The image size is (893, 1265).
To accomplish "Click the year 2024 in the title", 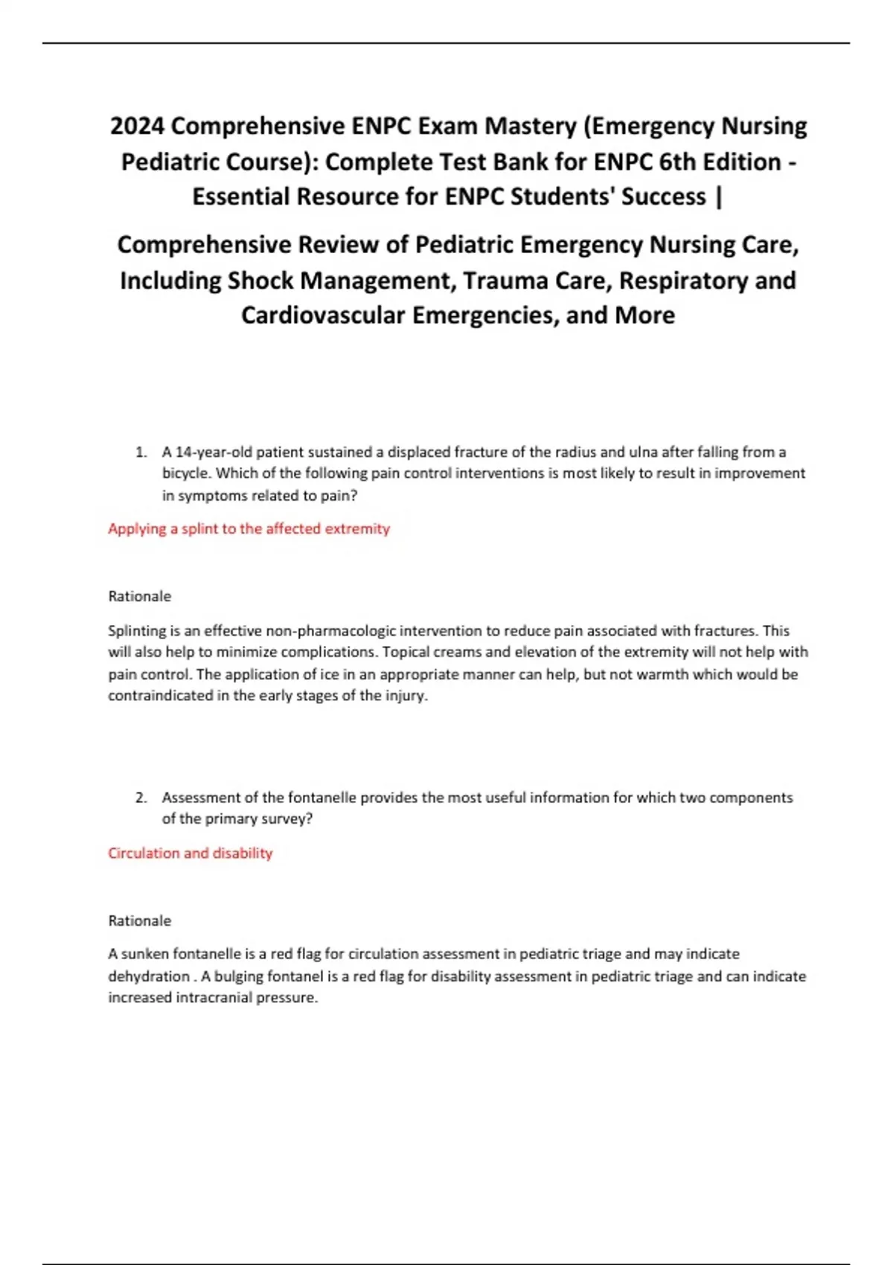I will tap(137, 126).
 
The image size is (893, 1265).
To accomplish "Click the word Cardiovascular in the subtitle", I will tap(323, 316).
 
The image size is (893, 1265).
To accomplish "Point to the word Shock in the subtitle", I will tap(260, 281).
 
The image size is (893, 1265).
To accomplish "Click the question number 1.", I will tap(141, 452).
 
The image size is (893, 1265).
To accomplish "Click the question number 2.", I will tap(141, 798).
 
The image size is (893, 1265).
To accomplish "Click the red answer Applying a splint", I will tap(249, 528).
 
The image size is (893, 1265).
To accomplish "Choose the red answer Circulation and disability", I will tap(190, 853).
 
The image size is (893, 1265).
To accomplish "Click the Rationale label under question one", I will tap(139, 596).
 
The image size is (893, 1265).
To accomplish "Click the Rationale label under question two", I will tap(139, 920).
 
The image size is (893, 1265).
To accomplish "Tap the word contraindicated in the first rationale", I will tap(160, 696).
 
